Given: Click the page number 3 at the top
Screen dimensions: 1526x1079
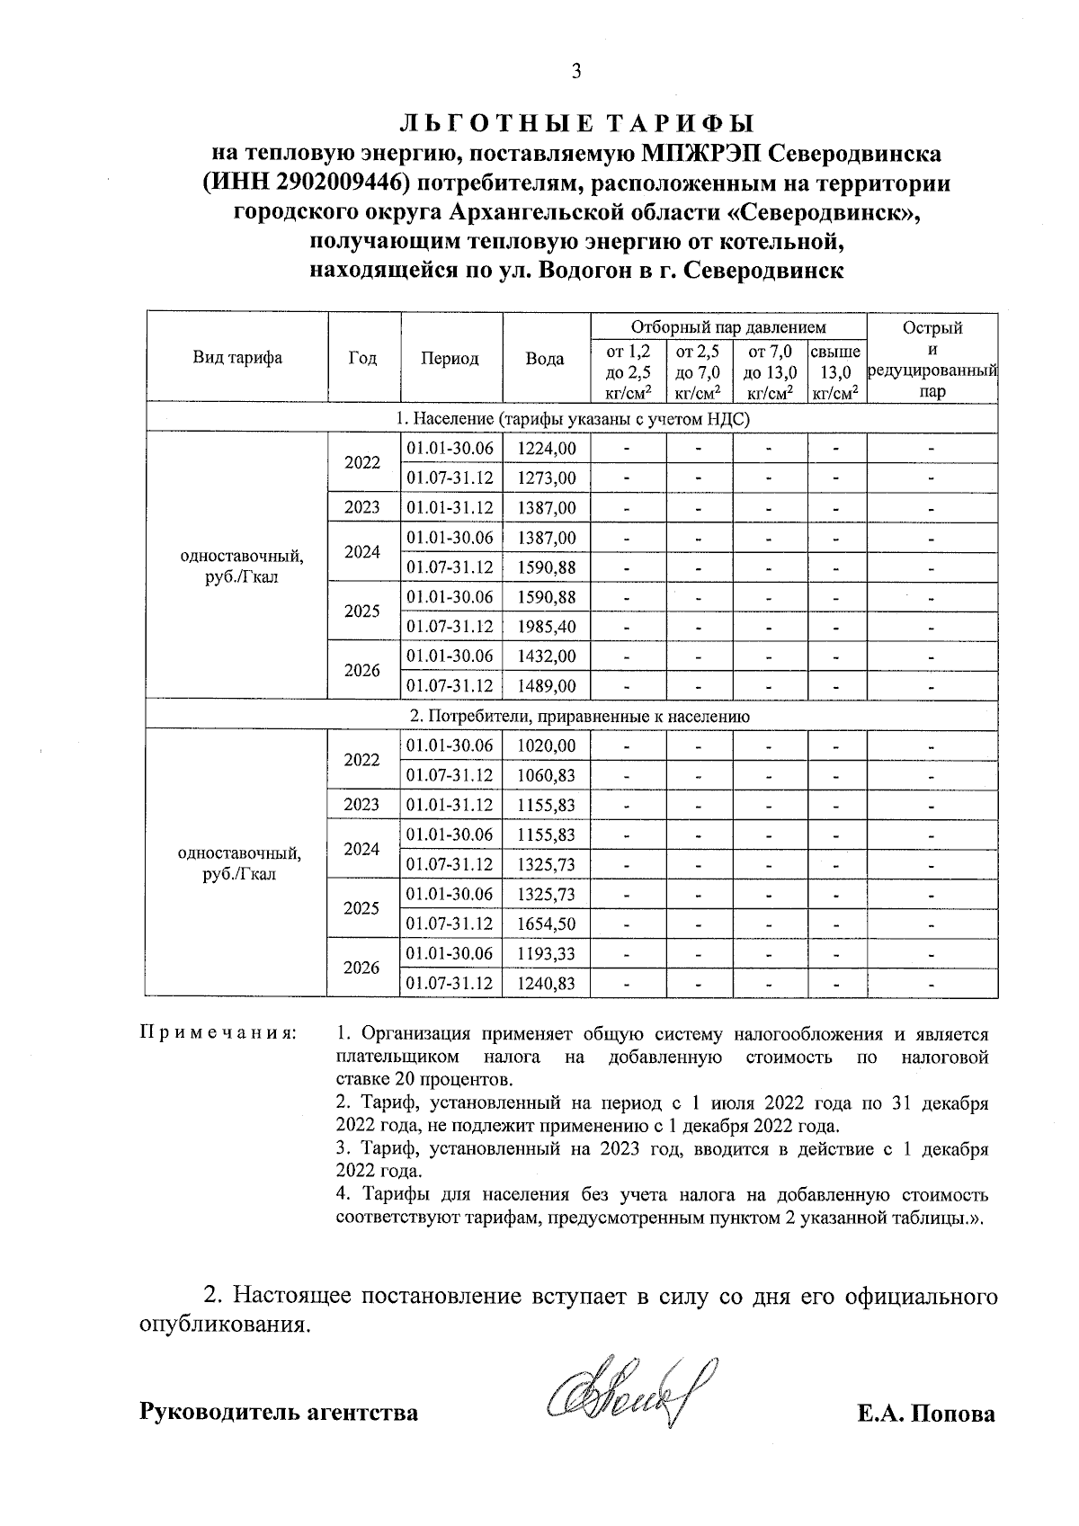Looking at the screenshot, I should tap(576, 72).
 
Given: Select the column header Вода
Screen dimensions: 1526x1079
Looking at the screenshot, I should tap(545, 359).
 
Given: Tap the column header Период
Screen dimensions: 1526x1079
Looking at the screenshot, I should tap(450, 359).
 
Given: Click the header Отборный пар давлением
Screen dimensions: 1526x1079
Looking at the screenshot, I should tap(727, 327).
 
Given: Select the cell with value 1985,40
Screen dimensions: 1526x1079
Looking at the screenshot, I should tap(547, 627).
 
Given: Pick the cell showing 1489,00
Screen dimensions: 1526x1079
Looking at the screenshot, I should tap(547, 686).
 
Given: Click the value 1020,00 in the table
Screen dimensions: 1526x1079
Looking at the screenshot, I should tap(547, 745).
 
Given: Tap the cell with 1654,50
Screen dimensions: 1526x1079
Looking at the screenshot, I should tap(547, 924).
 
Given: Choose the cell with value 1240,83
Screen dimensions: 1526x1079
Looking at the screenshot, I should tap(547, 983).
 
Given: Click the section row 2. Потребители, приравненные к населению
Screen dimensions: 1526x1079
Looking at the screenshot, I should tap(573, 717).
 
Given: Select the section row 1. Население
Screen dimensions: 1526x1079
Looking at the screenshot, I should tap(573, 419).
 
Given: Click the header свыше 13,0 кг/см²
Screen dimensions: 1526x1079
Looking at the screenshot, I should tap(835, 371).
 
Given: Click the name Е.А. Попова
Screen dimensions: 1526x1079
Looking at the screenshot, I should tap(926, 1414).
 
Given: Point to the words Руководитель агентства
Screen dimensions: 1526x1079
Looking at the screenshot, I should tap(279, 1413).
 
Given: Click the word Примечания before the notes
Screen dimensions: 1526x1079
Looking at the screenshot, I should tap(218, 1034).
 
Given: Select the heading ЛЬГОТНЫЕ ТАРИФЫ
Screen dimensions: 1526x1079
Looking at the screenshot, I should tap(575, 123).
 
